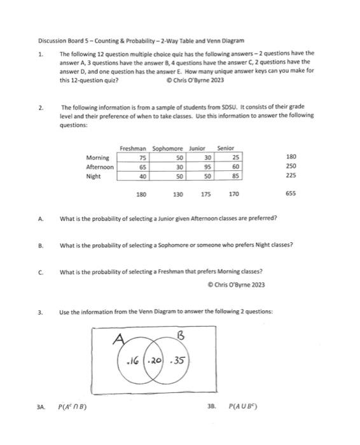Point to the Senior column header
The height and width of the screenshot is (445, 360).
coord(226,148)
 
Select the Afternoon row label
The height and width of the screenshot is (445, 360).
coord(99,166)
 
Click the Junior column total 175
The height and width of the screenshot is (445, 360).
coord(205,193)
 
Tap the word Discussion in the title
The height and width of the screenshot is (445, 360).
coord(52,39)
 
